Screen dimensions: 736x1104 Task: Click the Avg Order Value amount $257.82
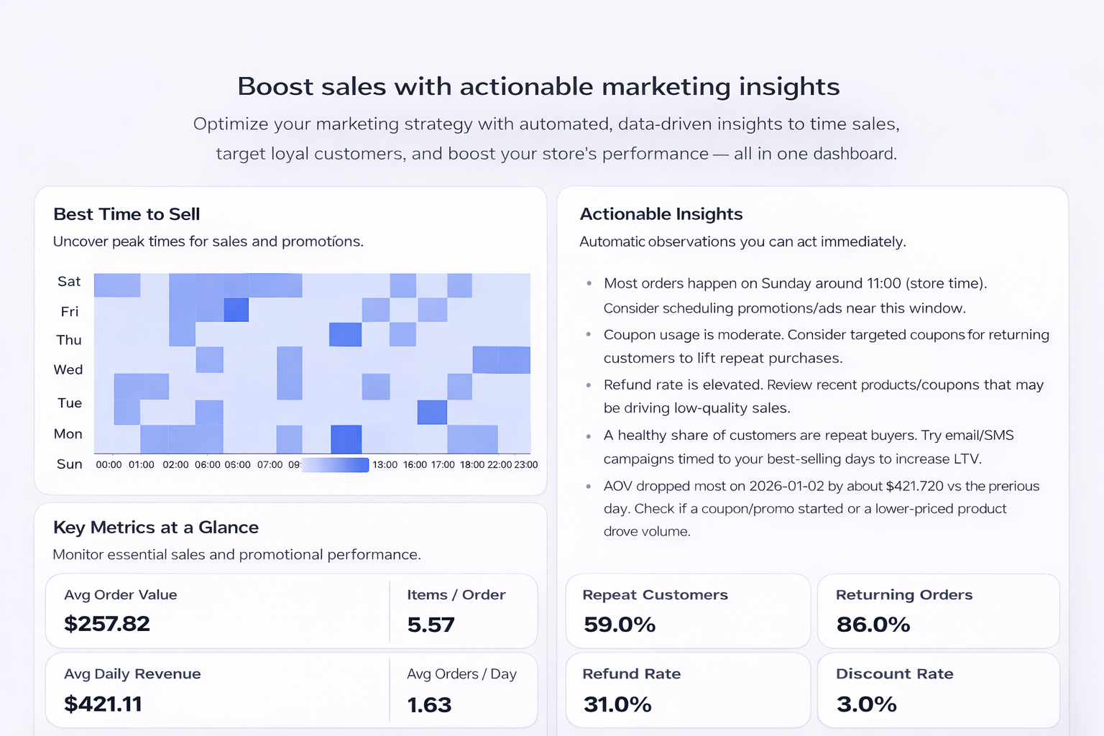107,624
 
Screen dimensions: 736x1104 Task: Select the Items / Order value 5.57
431,625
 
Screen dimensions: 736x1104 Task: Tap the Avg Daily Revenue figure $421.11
103,704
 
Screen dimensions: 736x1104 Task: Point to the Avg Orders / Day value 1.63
429,705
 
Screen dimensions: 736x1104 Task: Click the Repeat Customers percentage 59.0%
620,625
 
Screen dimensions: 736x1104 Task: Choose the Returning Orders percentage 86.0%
873,625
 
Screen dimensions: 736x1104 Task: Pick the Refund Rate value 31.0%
617,704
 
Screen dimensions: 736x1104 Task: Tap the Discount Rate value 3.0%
867,704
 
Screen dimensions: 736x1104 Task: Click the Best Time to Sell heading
126,214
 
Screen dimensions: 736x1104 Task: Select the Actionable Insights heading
661,214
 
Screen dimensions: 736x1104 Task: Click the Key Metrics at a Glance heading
156,528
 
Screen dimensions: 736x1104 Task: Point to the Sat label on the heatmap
69,282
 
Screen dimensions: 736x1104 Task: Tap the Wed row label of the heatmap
68,369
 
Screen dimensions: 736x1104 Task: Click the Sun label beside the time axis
70,464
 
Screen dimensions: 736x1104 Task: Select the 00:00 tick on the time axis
109,465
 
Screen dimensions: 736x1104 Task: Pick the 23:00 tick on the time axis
526,465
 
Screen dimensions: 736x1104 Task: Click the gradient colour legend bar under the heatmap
336,465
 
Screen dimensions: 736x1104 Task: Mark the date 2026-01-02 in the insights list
786,487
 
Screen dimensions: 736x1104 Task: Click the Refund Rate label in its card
631,674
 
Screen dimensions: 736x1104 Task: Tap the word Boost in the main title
275,87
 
